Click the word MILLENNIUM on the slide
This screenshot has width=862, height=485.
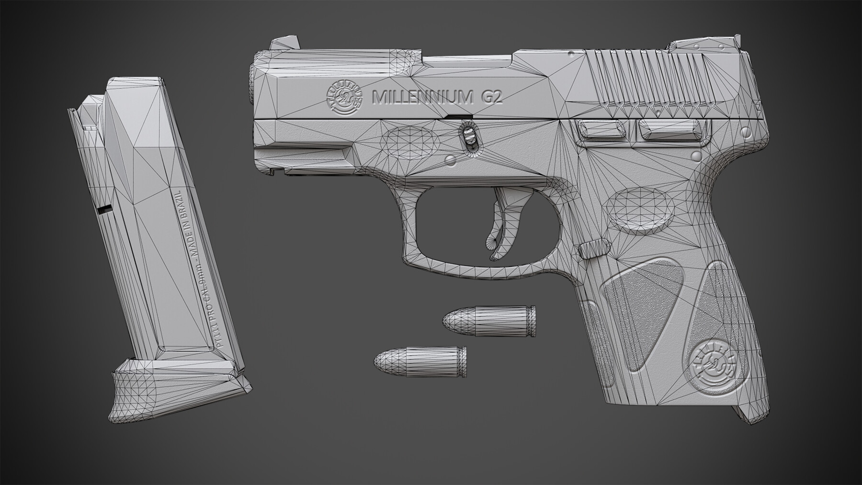click(422, 97)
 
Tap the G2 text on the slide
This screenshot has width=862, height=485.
click(491, 97)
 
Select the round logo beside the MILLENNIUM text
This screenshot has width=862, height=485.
click(344, 100)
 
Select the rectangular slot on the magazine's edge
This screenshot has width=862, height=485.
click(103, 209)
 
